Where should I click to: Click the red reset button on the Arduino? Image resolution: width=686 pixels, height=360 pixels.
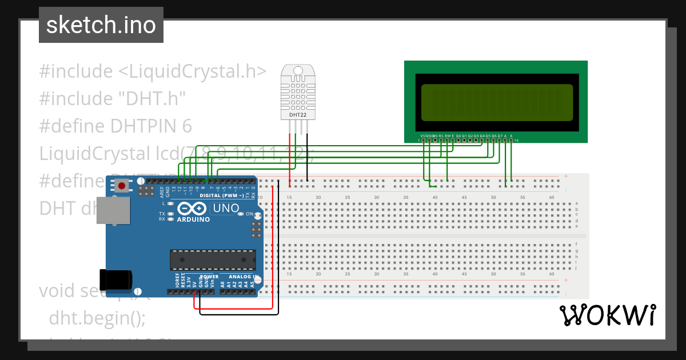coord(122,185)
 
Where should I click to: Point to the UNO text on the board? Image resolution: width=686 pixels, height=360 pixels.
coord(225,209)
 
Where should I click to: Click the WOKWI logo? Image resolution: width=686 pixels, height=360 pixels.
coord(607,315)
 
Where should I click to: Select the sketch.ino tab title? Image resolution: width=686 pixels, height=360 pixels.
coord(101,25)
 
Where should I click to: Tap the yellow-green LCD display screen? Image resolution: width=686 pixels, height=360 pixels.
coord(496,103)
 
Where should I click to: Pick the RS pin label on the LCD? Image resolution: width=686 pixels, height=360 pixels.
coord(441,136)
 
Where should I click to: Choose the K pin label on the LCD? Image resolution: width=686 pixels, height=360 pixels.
coord(511,136)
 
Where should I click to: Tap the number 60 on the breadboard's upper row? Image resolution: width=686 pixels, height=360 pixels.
coord(551,198)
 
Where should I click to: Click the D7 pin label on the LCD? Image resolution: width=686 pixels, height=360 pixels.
coord(500,136)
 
